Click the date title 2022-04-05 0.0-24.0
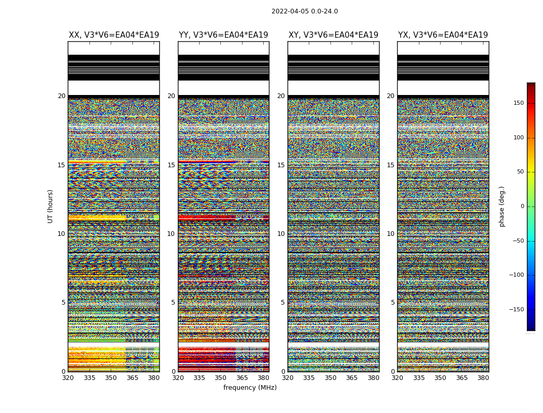[305, 11]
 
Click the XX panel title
[114, 35]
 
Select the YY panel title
[223, 35]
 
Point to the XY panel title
[333, 35]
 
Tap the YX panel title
[443, 35]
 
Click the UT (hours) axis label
[50, 206]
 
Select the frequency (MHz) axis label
[250, 388]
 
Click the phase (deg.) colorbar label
[502, 206]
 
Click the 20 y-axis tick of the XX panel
[62, 96]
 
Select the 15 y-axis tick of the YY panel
[171, 165]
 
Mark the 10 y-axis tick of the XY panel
[281, 234]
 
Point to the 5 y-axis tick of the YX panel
[393, 303]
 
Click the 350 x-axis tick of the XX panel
[111, 378]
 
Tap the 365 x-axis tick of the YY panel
[242, 378]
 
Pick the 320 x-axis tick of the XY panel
[288, 378]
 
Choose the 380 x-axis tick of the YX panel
[483, 378]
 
